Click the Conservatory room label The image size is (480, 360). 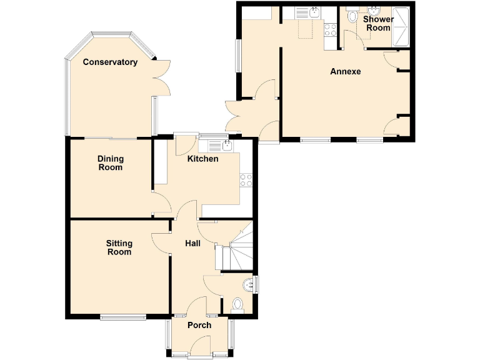pos(110,62)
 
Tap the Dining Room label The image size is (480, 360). pos(110,163)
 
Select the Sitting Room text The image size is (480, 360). pos(119,247)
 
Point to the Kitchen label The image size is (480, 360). pos(203,159)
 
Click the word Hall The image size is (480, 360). pos(193,243)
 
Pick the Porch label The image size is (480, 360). pos(199,325)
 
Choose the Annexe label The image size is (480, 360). pos(346,71)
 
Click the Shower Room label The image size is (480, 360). pos(378,24)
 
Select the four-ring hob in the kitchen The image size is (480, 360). pos(246,180)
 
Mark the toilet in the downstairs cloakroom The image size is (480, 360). pos(237,304)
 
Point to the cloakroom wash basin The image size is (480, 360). pos(251,284)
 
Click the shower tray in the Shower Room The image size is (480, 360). pos(399,28)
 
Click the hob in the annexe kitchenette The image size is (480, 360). pos(331,28)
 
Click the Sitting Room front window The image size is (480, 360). pos(122,317)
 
